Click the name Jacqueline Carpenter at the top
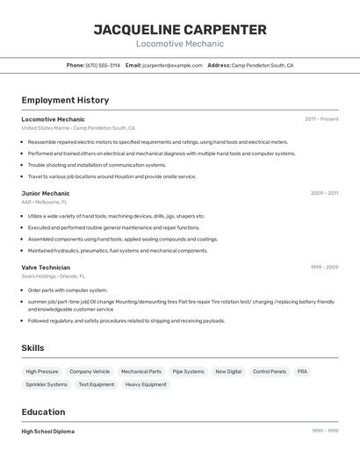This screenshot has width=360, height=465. pyautogui.click(x=180, y=30)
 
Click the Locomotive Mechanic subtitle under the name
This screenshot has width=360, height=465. pyautogui.click(x=180, y=44)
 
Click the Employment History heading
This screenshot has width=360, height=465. pyautogui.click(x=65, y=100)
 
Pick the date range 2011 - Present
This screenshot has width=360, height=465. pyautogui.click(x=321, y=118)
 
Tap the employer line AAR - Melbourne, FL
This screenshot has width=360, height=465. pyautogui.click(x=45, y=202)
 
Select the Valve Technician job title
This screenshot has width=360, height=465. pyautogui.click(x=46, y=267)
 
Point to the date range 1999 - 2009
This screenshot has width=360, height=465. pyautogui.click(x=324, y=267)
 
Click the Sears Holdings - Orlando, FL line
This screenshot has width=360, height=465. pyautogui.click(x=54, y=275)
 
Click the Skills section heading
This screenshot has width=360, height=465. pyautogui.click(x=32, y=348)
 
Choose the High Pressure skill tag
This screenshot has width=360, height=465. pyautogui.click(x=42, y=371)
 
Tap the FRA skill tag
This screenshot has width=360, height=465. pyautogui.click(x=302, y=371)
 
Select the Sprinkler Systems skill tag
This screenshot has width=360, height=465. pyautogui.click(x=47, y=384)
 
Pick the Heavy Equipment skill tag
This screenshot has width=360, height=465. pyautogui.click(x=146, y=384)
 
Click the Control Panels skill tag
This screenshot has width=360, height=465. pyautogui.click(x=270, y=371)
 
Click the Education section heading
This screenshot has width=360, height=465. pyautogui.click(x=43, y=412)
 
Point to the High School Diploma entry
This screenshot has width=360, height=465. pyautogui.click(x=48, y=432)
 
